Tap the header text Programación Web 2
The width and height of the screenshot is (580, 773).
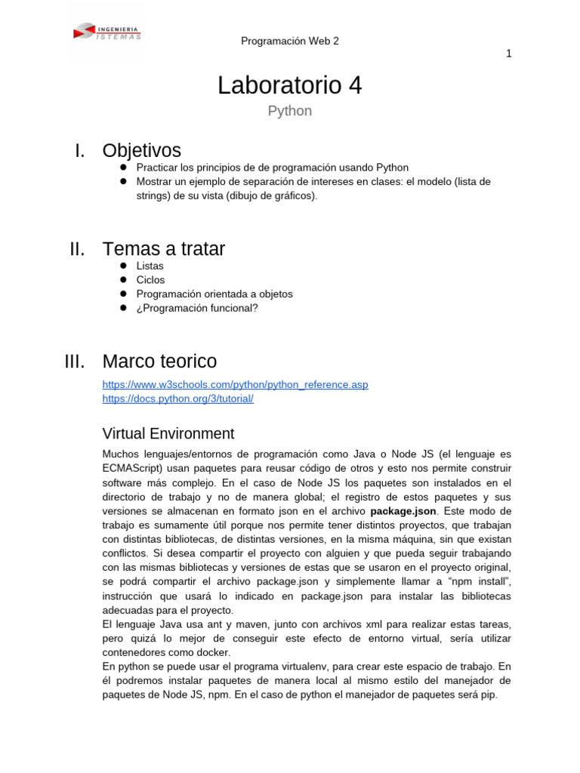pyautogui.click(x=290, y=41)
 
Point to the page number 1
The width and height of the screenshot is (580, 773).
pyautogui.click(x=509, y=53)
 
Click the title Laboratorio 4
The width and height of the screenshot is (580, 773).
pyautogui.click(x=290, y=86)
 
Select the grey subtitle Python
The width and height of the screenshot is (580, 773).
pyautogui.click(x=290, y=111)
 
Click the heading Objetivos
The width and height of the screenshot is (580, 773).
pyautogui.click(x=142, y=151)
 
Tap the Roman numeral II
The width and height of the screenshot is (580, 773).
pyautogui.click(x=76, y=248)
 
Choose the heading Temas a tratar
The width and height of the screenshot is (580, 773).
pyautogui.click(x=163, y=248)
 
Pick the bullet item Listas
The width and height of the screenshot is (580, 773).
pyautogui.click(x=150, y=266)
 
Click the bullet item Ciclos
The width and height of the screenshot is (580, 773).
pyautogui.click(x=150, y=280)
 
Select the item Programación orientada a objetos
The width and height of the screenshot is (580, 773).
pyautogui.click(x=214, y=294)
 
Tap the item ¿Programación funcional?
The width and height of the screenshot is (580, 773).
pyautogui.click(x=197, y=308)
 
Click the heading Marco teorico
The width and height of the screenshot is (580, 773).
pyautogui.click(x=159, y=361)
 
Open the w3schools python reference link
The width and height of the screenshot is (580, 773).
pyautogui.click(x=235, y=385)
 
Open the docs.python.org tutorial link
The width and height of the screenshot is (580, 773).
pyautogui.click(x=177, y=399)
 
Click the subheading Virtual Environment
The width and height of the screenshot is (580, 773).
pyautogui.click(x=168, y=434)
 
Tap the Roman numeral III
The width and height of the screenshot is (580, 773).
pyautogui.click(x=75, y=361)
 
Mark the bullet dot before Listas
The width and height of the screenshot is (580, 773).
pyautogui.click(x=123, y=266)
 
